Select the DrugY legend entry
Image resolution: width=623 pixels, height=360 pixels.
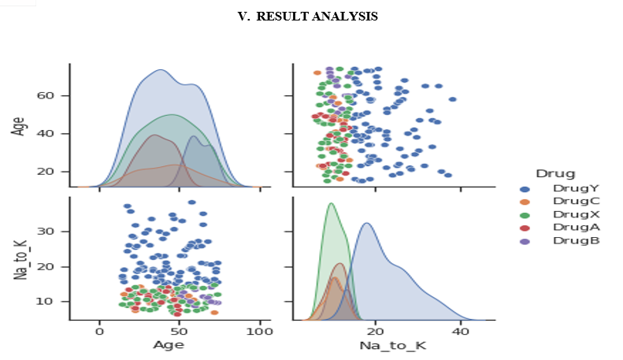560,188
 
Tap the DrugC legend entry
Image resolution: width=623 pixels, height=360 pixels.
560,202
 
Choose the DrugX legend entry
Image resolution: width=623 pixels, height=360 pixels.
560,214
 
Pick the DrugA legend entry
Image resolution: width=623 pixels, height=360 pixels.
560,228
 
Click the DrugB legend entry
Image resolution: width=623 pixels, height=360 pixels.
560,241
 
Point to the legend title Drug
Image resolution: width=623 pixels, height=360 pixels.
555,173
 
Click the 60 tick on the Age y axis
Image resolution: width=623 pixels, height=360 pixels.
45,96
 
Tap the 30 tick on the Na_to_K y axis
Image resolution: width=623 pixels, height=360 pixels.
45,232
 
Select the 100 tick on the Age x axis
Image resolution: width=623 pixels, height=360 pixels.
260,332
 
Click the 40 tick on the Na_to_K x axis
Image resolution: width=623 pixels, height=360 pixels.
461,332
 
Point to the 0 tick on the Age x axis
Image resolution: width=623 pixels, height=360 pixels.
100,332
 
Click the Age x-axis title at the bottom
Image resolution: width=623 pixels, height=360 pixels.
169,345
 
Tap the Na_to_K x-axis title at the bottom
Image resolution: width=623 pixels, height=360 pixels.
393,345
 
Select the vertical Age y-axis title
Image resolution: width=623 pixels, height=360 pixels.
19,126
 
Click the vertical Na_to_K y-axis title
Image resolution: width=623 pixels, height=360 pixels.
20,260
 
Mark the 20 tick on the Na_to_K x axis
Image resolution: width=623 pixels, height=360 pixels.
375,332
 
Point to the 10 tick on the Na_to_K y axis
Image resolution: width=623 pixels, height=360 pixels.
45,301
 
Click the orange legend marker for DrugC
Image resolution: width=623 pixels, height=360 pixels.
525,202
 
